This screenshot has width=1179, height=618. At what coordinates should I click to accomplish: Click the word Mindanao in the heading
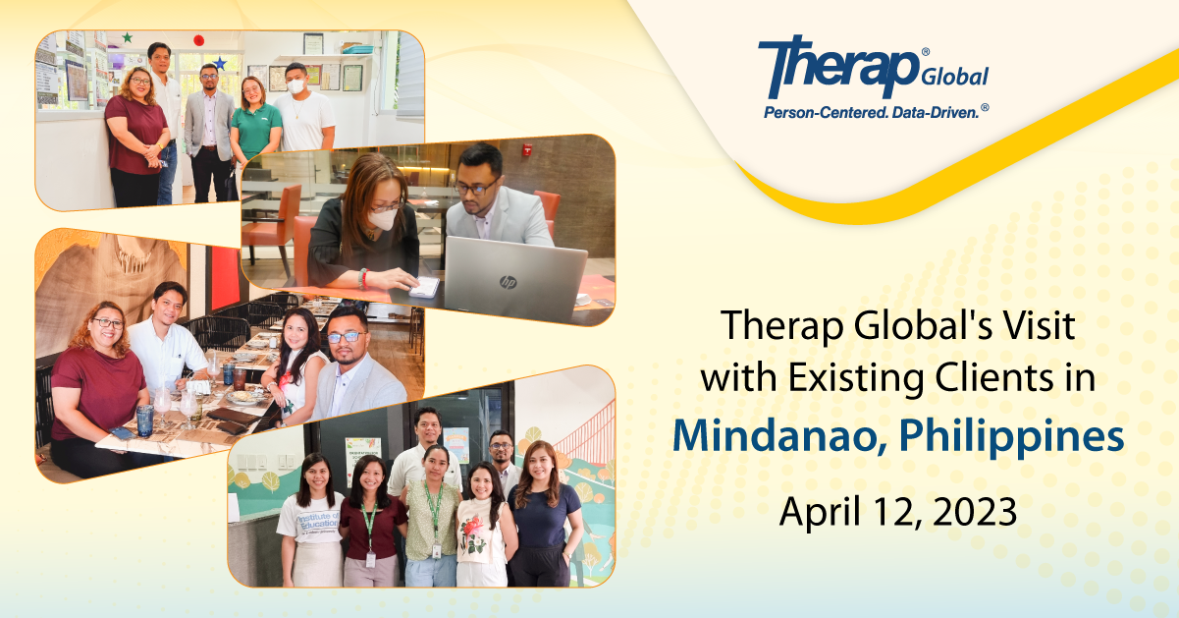[780, 436]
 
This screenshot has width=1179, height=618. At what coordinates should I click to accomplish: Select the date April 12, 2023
[898, 512]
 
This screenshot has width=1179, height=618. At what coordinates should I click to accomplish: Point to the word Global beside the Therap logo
[955, 77]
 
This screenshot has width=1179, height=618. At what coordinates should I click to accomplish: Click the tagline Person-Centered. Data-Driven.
[876, 112]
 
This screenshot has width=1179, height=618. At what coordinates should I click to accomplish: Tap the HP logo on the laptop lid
[508, 282]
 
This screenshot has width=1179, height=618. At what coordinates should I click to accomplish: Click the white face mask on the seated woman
[382, 218]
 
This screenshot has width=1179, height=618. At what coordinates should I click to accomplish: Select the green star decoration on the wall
[127, 37]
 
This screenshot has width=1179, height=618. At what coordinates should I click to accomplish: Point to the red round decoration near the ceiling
[198, 40]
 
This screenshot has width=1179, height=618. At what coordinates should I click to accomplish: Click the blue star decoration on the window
[220, 64]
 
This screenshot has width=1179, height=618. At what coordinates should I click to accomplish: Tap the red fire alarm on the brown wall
[527, 149]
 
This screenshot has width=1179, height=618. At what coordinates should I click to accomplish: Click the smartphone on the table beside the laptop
[425, 287]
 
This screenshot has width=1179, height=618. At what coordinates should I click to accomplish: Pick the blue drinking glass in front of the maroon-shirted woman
[144, 420]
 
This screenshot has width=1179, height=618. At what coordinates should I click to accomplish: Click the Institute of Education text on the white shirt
[318, 523]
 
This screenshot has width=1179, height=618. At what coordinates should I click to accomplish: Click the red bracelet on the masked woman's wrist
[365, 279]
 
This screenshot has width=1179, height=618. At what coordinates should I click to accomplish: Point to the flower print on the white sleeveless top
[474, 534]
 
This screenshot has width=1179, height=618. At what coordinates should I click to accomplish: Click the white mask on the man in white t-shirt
[295, 85]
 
